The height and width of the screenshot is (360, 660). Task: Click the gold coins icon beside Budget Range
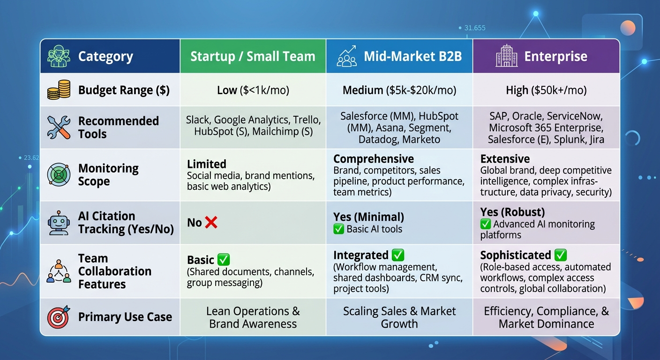59,90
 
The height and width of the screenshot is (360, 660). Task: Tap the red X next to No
211,222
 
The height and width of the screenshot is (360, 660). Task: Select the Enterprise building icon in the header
506,56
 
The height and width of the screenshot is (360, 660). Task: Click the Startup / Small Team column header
253,56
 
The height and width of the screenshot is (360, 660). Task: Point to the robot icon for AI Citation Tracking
59,223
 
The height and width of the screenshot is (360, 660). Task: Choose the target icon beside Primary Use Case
59,317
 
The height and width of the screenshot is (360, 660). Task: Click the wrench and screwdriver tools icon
59,127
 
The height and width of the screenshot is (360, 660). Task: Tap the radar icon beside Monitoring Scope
59,175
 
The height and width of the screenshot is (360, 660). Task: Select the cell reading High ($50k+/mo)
546,90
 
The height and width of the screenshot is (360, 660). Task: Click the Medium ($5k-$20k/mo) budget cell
399,90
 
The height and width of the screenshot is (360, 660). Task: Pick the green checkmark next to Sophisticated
561,255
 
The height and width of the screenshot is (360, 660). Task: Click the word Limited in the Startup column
206,164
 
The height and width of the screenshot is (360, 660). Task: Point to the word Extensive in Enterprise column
505,158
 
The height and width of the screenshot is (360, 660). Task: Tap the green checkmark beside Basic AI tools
338,229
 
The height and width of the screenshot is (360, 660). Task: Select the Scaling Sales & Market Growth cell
399,317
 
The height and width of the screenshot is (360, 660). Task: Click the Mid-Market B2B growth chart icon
347,56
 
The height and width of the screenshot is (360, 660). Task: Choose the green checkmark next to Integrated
398,255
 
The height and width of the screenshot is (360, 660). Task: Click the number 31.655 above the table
474,28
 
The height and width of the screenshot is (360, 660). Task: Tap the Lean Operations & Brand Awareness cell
253,317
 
